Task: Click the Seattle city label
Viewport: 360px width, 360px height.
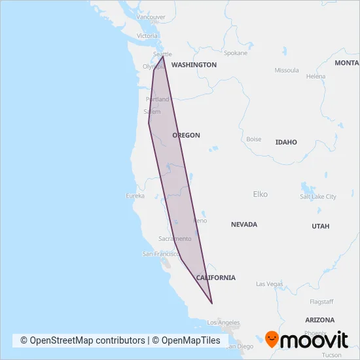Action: pos(162,54)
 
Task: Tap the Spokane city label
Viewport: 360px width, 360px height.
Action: pos(236,53)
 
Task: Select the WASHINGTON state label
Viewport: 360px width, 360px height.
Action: pos(194,65)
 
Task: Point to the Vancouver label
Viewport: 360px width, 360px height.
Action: pos(151,17)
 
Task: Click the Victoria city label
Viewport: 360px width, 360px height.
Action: pos(148,35)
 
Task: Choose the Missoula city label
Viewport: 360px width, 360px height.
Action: pos(287,70)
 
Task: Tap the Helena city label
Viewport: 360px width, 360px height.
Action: pos(315,77)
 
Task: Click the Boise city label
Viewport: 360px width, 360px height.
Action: pos(253,139)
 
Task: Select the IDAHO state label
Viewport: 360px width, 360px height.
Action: pos(286,142)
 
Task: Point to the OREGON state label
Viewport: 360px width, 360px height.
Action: pos(186,135)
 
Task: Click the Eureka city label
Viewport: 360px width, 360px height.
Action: pos(135,196)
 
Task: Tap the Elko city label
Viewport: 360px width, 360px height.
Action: pos(260,194)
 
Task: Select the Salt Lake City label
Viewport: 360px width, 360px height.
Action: pos(318,196)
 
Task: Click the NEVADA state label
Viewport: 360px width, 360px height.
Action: pos(244,225)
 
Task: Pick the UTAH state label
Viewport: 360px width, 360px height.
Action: pos(321,226)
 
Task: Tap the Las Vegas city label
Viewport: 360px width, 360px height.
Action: pos(269,284)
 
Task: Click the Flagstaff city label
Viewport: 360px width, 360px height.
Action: pos(321,302)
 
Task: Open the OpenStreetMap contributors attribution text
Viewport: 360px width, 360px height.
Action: pos(82,340)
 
